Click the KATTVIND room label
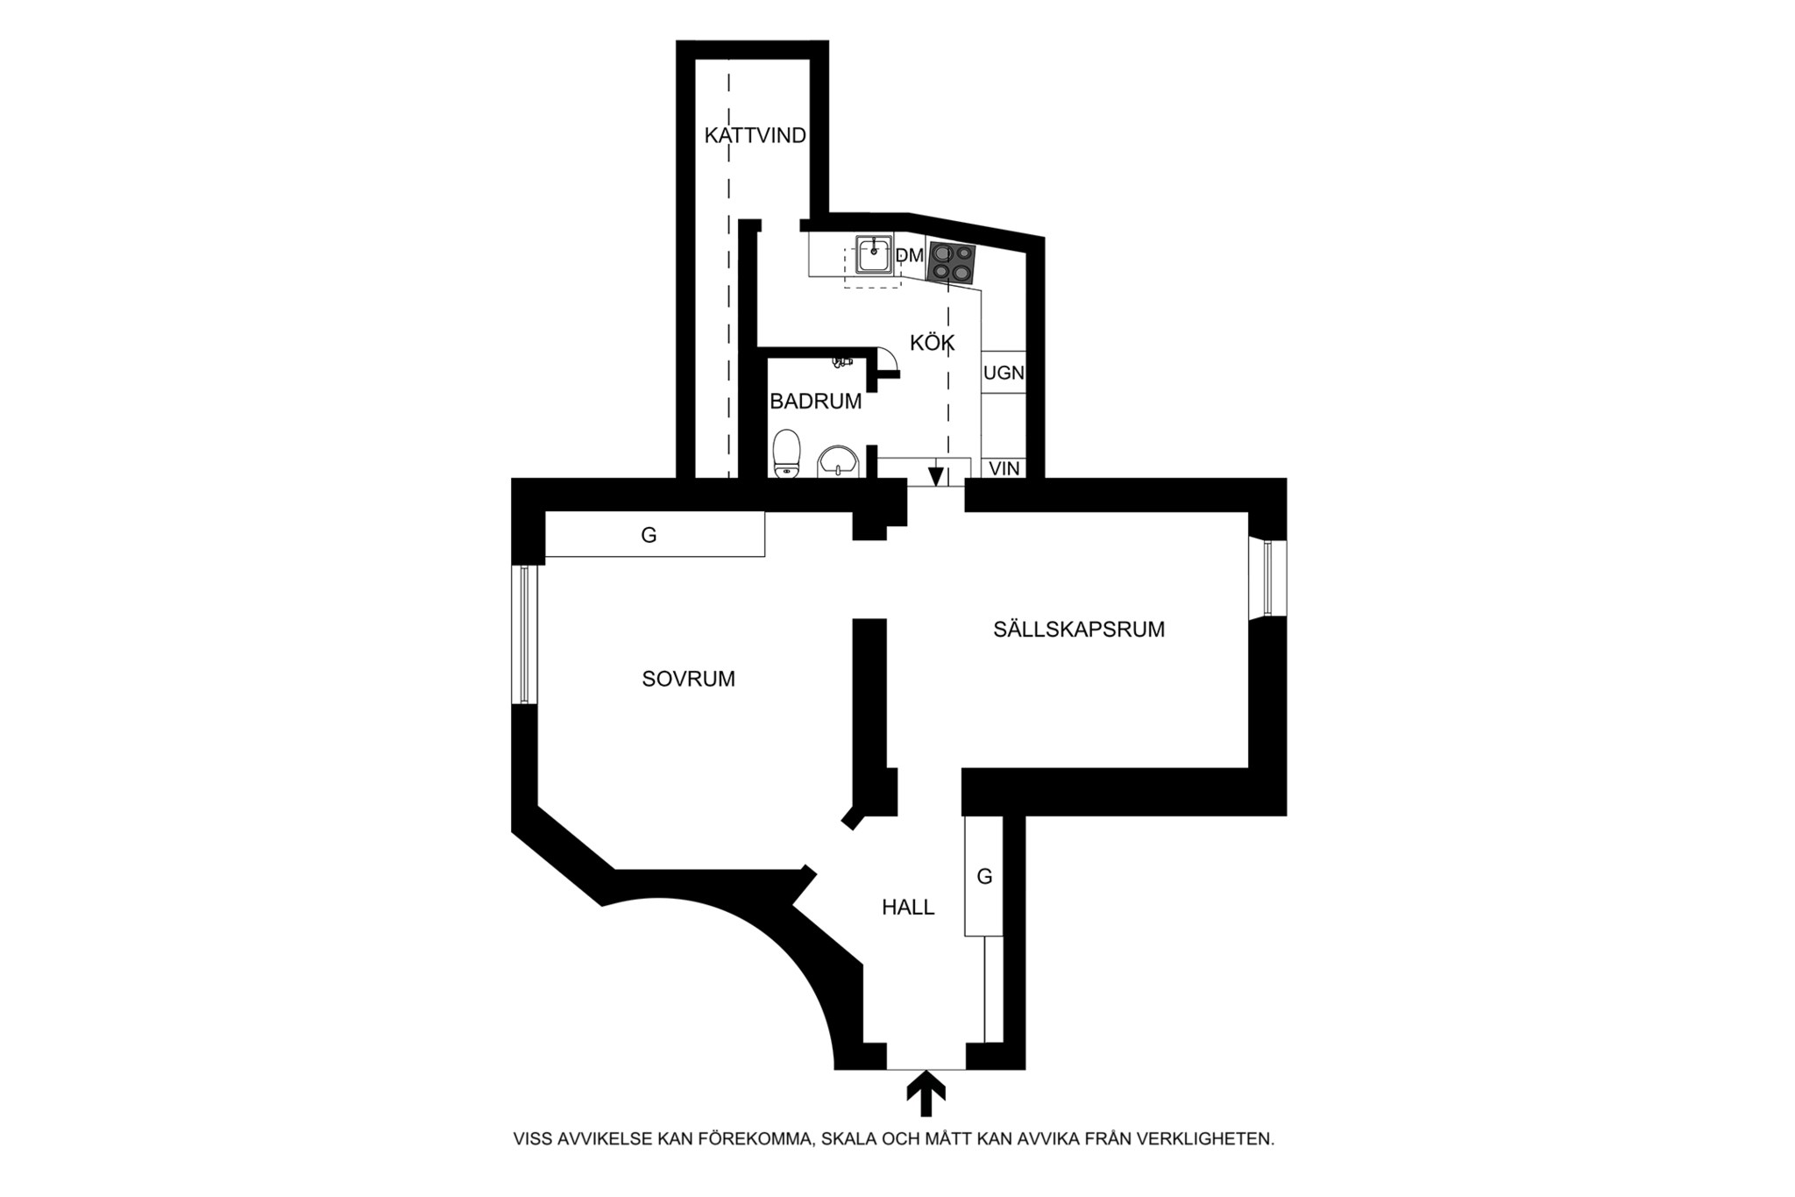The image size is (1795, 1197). [756, 136]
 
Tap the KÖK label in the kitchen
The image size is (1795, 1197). [932, 343]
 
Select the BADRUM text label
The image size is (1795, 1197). [816, 402]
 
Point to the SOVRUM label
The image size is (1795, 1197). [689, 679]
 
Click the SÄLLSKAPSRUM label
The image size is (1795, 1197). [1079, 629]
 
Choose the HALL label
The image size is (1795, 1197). [908, 908]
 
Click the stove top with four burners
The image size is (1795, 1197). [952, 262]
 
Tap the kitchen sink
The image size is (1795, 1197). [875, 254]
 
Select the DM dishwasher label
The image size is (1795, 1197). [910, 255]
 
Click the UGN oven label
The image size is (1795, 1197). [1004, 373]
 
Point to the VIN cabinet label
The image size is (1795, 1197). [1004, 468]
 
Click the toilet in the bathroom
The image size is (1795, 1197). [787, 453]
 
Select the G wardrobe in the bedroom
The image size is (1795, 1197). [655, 534]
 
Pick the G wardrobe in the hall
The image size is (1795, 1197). [983, 875]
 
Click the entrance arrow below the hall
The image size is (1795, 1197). [926, 1096]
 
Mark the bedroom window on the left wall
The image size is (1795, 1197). [524, 634]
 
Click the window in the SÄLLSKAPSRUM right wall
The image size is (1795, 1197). [1268, 579]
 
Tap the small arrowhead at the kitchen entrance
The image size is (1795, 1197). [936, 476]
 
